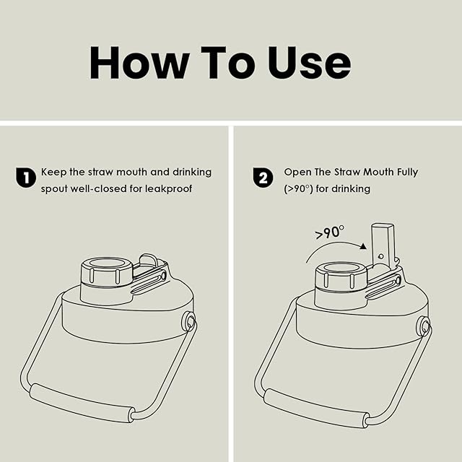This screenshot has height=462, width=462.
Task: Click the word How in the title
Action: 139,63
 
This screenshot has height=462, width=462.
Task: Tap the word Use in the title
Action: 309,63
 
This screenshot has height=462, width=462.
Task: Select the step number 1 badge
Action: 26,178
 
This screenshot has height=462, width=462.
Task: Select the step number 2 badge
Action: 263,178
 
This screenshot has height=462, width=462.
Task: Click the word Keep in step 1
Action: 53,172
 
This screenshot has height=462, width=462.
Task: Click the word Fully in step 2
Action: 407,172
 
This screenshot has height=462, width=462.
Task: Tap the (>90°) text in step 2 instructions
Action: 298,188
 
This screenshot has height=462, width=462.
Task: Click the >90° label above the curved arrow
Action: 330,232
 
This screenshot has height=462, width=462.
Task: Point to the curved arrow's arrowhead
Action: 364,246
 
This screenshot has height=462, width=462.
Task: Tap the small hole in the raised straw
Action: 381,256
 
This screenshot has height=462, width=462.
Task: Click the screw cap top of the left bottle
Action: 107,263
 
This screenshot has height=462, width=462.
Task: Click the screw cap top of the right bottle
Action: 341,268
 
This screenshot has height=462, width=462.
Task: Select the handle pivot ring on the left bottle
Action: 189,321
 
